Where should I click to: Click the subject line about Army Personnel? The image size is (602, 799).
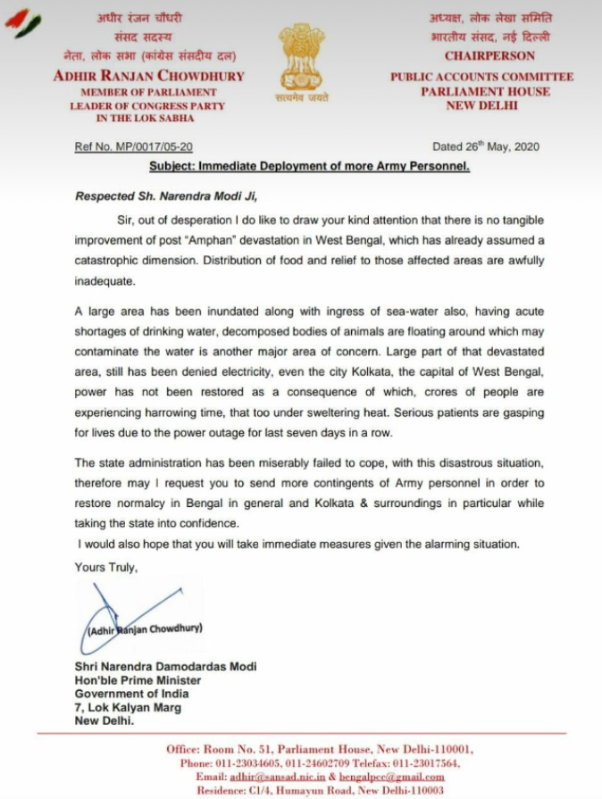tap(308, 167)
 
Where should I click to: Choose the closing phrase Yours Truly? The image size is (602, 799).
tap(106, 567)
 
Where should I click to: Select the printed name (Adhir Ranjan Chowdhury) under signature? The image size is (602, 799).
tap(145, 628)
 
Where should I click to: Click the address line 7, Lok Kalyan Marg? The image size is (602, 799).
tap(128, 708)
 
